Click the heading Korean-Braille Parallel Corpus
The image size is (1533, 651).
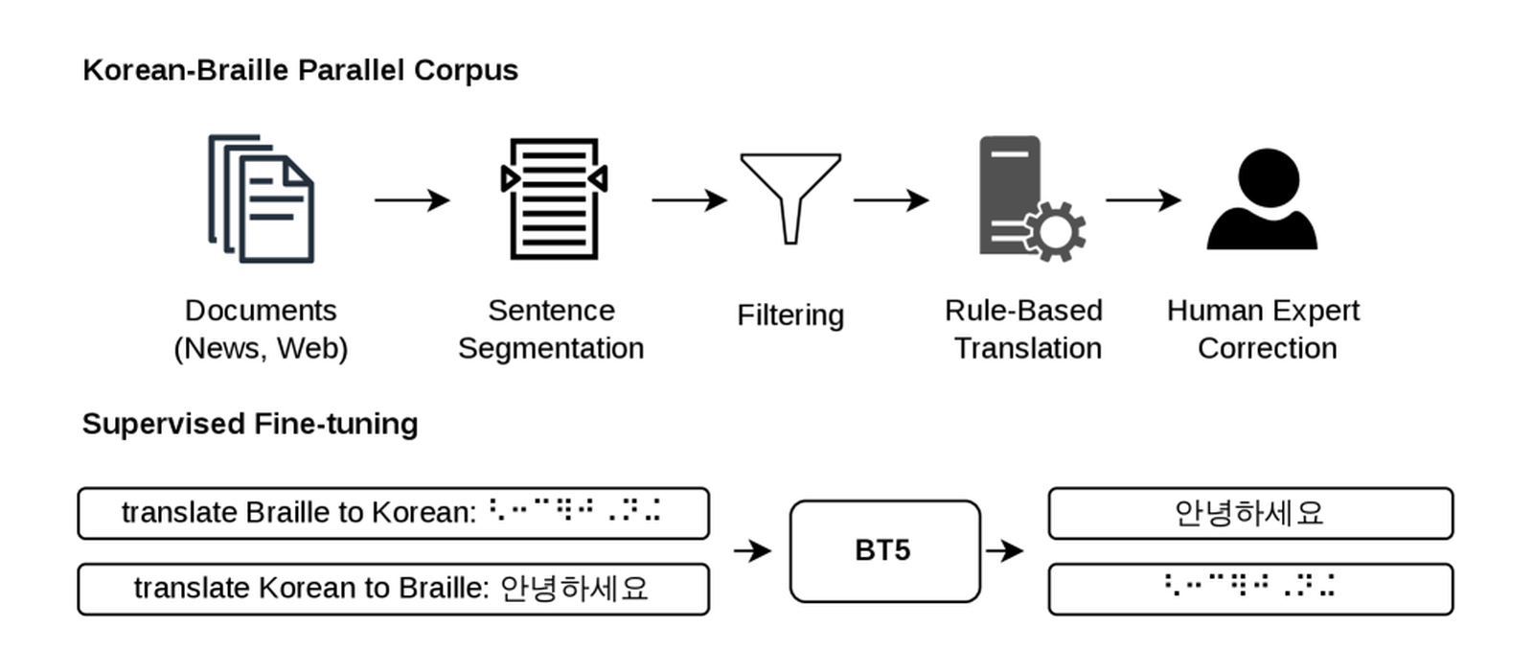point(301,71)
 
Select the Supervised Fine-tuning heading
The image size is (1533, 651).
point(250,424)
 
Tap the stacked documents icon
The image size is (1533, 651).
point(261,198)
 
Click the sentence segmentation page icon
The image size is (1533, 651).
point(555,198)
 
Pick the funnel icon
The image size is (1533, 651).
point(790,198)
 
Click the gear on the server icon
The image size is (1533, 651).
point(1055,231)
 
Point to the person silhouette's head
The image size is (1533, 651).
point(1269,177)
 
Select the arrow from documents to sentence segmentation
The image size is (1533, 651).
point(412,199)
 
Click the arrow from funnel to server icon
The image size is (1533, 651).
point(891,199)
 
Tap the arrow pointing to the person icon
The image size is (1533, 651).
point(1144,199)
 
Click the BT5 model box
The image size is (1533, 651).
point(885,551)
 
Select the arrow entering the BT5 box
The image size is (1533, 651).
point(753,550)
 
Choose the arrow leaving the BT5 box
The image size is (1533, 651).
point(1005,550)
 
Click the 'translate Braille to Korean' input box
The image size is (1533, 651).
point(394,513)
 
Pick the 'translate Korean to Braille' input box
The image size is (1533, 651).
point(394,589)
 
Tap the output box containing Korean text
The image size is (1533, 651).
point(1250,513)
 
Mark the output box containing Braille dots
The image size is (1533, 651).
point(1250,589)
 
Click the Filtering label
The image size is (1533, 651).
point(790,315)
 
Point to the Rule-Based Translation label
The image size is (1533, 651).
point(1024,329)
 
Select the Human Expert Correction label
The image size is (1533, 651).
point(1264,329)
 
